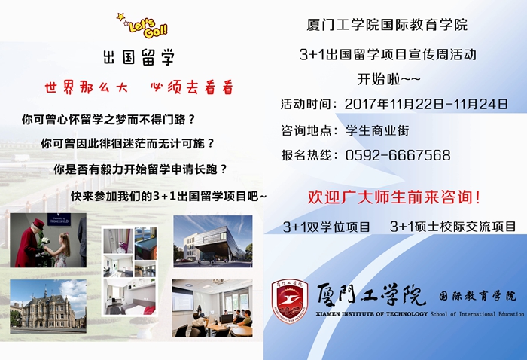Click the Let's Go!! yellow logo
click(x=142, y=26)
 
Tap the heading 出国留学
click(x=139, y=56)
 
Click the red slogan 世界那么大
click(x=87, y=87)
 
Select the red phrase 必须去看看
click(x=192, y=87)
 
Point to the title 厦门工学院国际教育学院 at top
click(x=387, y=25)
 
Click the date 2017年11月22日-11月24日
click(x=426, y=104)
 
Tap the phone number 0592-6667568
click(x=398, y=155)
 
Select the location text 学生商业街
click(x=377, y=130)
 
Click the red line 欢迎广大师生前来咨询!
click(x=394, y=197)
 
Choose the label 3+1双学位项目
click(x=326, y=227)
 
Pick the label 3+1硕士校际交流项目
click(x=452, y=227)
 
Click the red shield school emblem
click(x=290, y=301)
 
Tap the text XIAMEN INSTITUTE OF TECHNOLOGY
click(x=372, y=314)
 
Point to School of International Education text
click(x=477, y=314)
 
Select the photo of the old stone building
click(x=48, y=307)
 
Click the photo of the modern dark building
click(x=213, y=241)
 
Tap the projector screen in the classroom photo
click(x=183, y=299)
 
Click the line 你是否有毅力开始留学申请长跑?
click(x=141, y=169)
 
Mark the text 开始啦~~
click(x=388, y=79)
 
